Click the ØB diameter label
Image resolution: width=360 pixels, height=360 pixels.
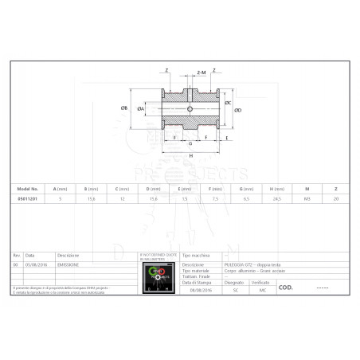[124, 107]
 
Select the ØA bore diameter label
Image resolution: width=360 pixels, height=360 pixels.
[141, 108]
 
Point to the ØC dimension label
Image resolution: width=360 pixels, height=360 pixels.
[229, 103]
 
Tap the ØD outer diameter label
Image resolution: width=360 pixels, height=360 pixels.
[239, 110]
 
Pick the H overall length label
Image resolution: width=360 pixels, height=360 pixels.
[191, 155]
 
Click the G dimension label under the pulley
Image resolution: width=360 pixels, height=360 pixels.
[190, 143]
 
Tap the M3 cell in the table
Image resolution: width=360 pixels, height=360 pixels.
[307, 199]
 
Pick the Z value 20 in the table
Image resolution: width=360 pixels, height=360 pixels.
[336, 199]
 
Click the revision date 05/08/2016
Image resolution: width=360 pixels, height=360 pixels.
[35, 262]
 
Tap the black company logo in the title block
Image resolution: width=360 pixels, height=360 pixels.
[158, 276]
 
